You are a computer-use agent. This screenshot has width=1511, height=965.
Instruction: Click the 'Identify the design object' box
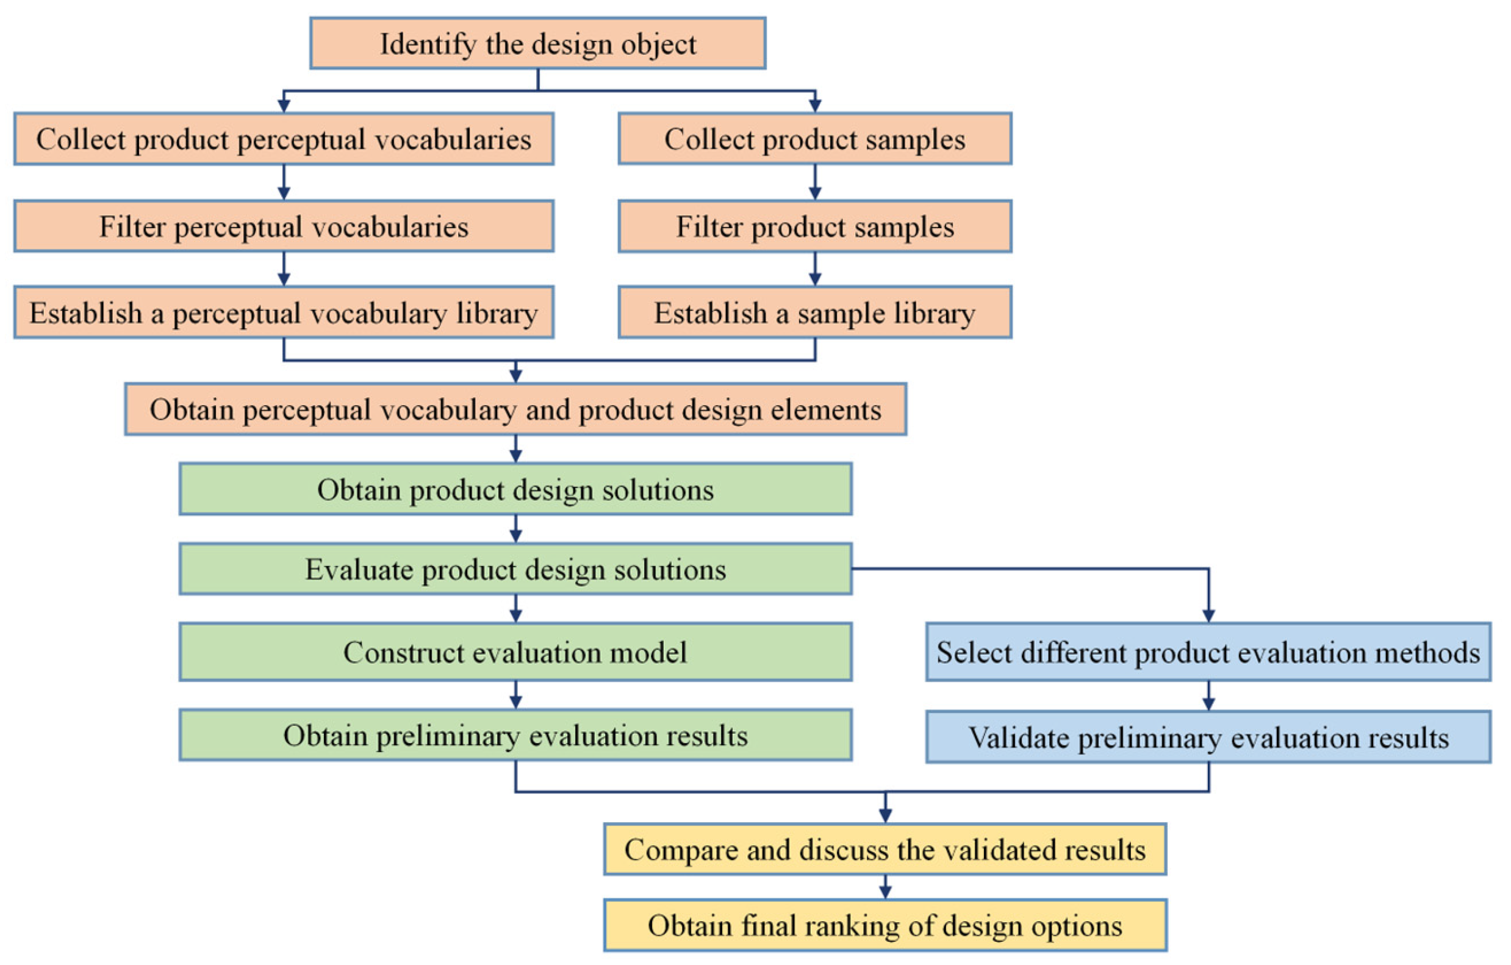coord(538,43)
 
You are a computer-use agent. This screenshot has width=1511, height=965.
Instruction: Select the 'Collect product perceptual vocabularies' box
coord(284,138)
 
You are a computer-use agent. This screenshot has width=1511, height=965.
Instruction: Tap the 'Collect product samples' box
coord(814,138)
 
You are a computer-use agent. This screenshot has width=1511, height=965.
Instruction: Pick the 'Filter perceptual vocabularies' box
coord(284,226)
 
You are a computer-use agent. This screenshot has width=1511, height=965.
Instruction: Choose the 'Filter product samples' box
coord(814,226)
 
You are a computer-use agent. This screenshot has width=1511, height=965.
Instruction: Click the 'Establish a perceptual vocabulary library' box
coord(284,312)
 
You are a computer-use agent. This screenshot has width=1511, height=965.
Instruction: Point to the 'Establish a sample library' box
coord(814,312)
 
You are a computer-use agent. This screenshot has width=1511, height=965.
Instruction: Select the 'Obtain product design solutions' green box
coord(515,489)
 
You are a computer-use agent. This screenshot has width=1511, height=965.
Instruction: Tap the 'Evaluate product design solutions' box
coord(515,569)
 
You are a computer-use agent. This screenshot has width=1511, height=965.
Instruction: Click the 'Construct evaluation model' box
coord(515,652)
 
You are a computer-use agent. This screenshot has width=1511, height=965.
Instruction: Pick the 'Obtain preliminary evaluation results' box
coord(515,735)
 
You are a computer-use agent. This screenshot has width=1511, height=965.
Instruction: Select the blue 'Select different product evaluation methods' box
coord(1208,652)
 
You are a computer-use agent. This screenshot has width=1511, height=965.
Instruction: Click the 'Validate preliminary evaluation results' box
coord(1208,737)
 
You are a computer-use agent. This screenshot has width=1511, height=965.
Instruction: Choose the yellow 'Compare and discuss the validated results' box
coord(885,850)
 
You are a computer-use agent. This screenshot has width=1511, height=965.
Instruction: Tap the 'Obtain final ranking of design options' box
coord(885,925)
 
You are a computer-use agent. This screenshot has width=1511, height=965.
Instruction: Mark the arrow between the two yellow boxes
coord(885,886)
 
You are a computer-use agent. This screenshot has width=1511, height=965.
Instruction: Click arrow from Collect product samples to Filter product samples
coord(814,182)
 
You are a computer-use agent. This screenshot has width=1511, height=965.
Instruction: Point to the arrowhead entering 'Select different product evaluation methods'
coord(1208,615)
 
